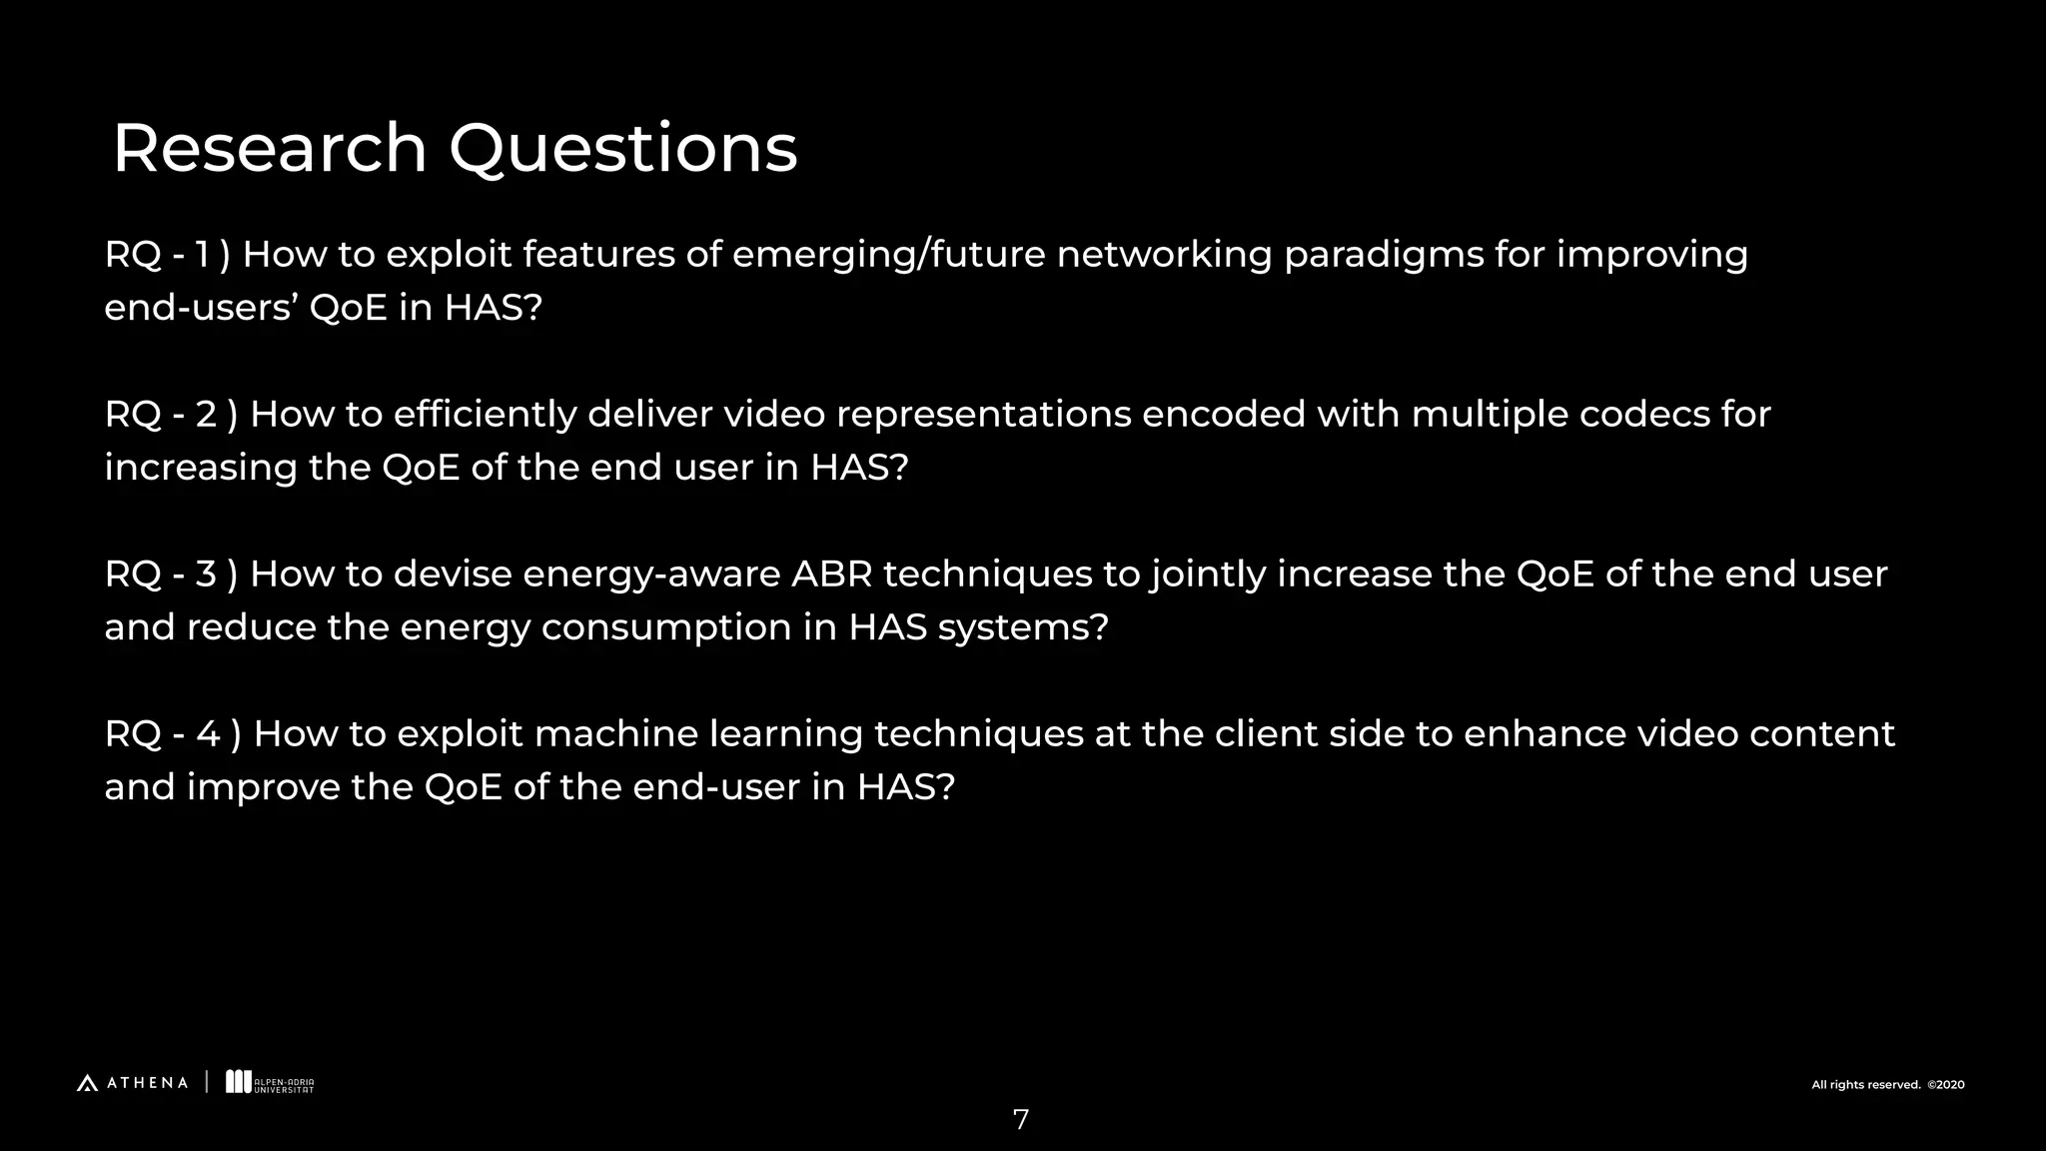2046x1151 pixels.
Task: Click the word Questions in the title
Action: point(622,150)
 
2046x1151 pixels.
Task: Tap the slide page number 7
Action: point(1020,1120)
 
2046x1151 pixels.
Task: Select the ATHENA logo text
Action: point(146,1083)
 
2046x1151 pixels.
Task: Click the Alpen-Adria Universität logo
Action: point(270,1083)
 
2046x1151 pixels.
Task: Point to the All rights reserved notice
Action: point(1887,1085)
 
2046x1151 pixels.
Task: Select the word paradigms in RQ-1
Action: point(1384,256)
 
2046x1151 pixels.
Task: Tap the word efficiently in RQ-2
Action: point(485,415)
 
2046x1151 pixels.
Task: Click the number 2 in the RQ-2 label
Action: point(207,415)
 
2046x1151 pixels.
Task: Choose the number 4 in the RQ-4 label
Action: point(208,734)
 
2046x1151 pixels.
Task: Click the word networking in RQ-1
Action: point(1164,256)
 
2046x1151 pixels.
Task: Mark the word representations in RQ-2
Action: point(983,415)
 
